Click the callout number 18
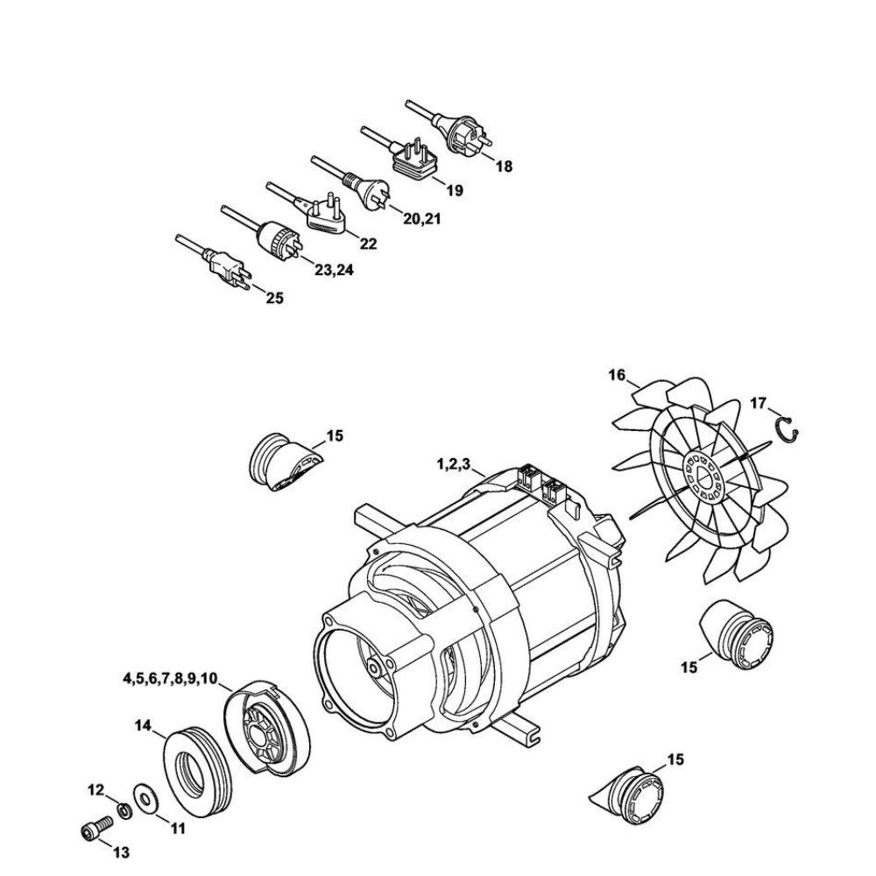click(x=504, y=166)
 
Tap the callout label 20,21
click(x=422, y=219)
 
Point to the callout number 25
click(x=274, y=299)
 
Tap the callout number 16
click(x=617, y=375)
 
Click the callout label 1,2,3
click(x=454, y=464)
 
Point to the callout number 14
click(x=143, y=725)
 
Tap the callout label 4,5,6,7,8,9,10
click(x=169, y=678)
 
